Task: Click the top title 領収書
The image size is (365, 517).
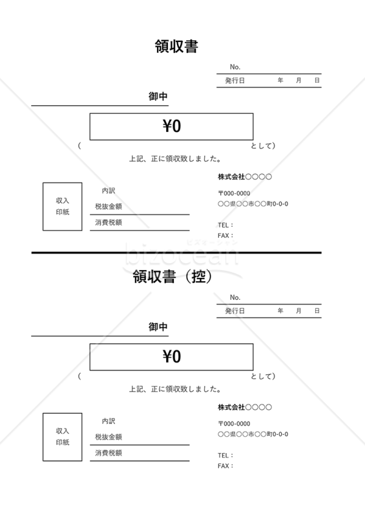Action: click(x=176, y=47)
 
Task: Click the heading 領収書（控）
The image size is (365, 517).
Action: click(x=172, y=277)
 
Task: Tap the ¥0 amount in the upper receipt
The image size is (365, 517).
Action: click(x=172, y=126)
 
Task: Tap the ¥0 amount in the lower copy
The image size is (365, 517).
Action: click(x=172, y=357)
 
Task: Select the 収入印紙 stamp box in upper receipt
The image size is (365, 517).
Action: click(x=43, y=206)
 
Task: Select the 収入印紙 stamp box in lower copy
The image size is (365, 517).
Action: click(x=43, y=437)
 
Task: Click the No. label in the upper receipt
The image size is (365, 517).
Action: click(x=235, y=67)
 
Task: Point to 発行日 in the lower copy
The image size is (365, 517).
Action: click(x=235, y=311)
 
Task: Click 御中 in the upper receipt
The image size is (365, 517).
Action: click(x=158, y=96)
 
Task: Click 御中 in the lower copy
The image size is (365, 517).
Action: click(x=158, y=327)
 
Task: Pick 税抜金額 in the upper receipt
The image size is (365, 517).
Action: click(x=109, y=206)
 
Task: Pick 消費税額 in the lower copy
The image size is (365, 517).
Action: click(x=109, y=453)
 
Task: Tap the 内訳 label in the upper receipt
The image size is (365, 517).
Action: click(x=109, y=191)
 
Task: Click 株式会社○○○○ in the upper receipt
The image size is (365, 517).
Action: click(x=245, y=176)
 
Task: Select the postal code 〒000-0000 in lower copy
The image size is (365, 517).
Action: click(x=234, y=424)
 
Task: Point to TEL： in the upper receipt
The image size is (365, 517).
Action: click(x=225, y=225)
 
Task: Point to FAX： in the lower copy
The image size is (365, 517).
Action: click(x=225, y=466)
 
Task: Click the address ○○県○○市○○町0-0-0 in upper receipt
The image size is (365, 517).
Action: click(x=253, y=204)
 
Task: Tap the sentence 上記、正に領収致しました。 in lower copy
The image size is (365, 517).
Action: click(x=175, y=390)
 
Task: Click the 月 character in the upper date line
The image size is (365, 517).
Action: click(x=298, y=80)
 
